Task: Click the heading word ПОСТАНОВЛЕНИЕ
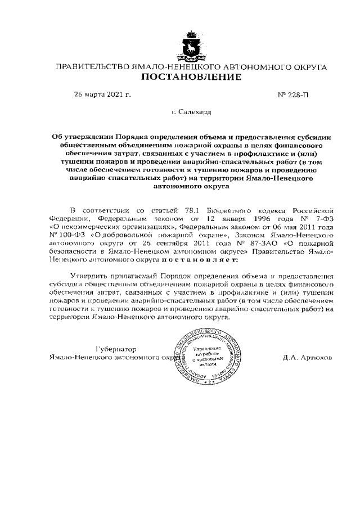click(x=190, y=77)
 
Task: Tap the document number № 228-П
click(x=294, y=94)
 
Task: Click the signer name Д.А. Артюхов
click(x=307, y=357)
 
